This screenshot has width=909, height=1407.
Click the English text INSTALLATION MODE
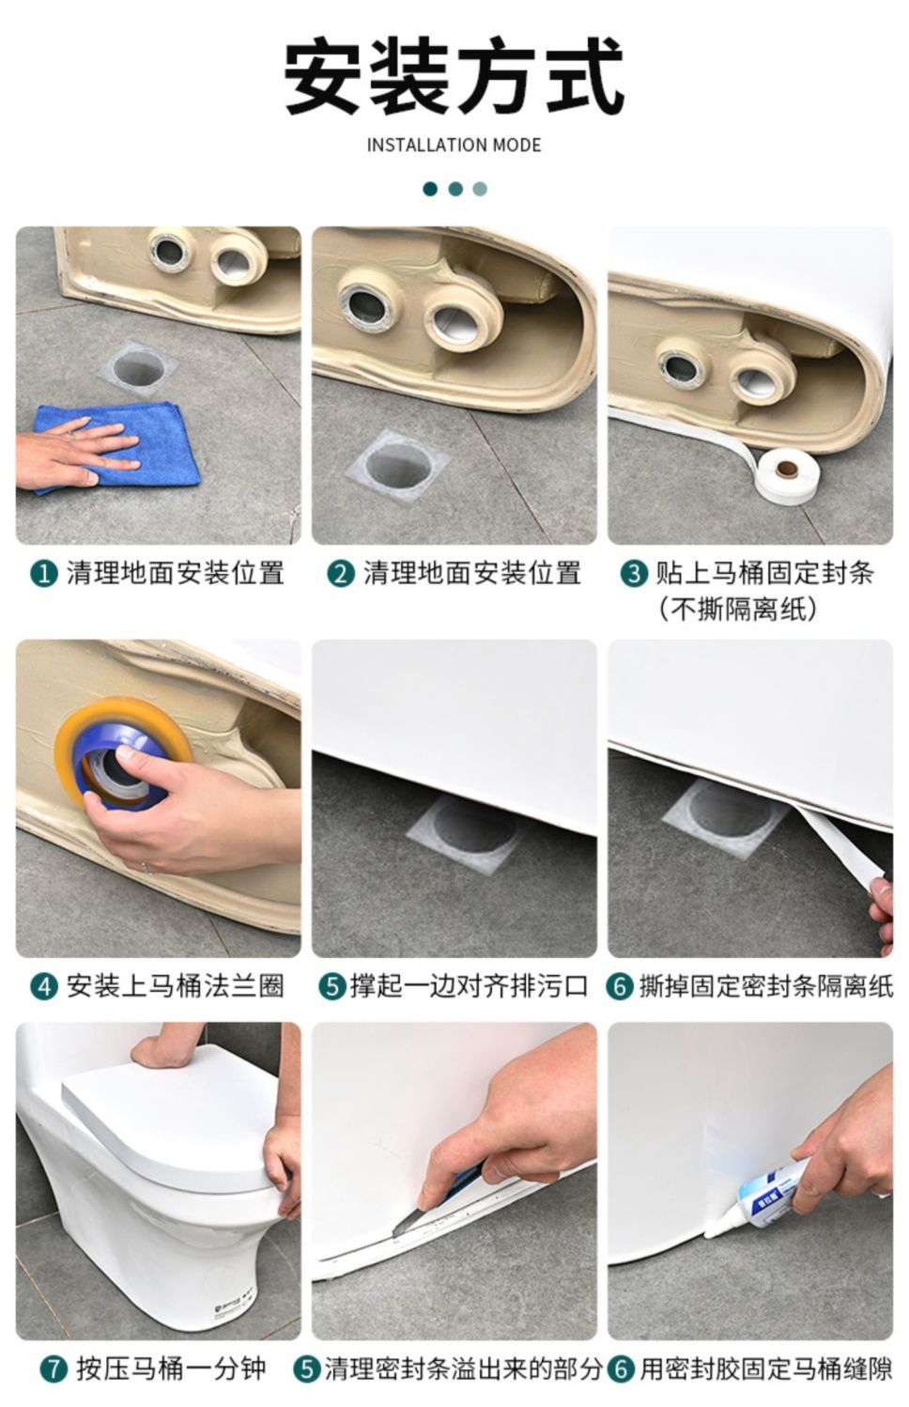(x=454, y=145)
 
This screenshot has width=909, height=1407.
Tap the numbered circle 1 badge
(x=44, y=574)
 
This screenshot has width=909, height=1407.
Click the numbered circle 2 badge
(x=341, y=574)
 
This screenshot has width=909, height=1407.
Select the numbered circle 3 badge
(x=634, y=574)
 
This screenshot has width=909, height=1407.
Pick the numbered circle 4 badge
(x=44, y=987)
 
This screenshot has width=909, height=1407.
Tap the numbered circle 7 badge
(x=54, y=1369)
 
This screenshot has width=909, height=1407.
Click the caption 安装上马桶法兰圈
(x=176, y=987)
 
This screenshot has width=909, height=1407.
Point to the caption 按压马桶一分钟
(x=171, y=1369)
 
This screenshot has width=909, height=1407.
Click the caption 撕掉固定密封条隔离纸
(x=766, y=987)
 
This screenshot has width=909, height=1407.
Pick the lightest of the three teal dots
(x=480, y=189)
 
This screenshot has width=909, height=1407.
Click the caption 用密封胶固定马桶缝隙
(x=765, y=1369)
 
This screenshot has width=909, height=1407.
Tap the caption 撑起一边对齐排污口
(x=469, y=987)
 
